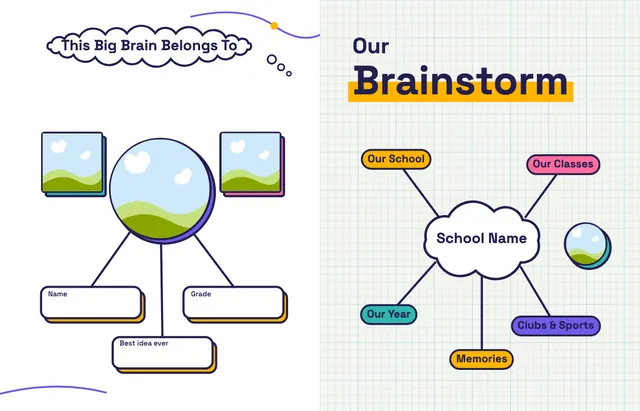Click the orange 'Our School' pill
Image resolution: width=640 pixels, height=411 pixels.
[x=396, y=159]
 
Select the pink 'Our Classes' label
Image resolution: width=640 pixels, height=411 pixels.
[x=563, y=164]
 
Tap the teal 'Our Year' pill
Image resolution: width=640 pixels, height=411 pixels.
[x=389, y=314]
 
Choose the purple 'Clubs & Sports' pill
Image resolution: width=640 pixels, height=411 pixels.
[x=556, y=326]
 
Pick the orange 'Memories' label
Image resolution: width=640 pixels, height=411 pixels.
[x=481, y=359]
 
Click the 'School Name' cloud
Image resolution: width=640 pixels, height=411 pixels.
[x=482, y=239]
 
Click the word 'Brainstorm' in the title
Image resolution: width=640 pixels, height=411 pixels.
[x=460, y=81]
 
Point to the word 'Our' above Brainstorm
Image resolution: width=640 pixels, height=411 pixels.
[x=371, y=46]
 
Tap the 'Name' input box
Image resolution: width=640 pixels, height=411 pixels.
[x=91, y=303]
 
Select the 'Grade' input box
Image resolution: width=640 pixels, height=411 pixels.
[x=234, y=303]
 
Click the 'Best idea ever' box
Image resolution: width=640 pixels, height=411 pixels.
[x=163, y=353]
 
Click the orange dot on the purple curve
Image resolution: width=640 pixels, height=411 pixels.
[x=274, y=26]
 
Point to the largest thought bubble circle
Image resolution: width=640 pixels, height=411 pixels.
[x=271, y=60]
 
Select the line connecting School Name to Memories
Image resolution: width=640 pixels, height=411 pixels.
[x=482, y=313]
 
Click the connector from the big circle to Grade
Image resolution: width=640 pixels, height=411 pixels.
[x=214, y=260]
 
